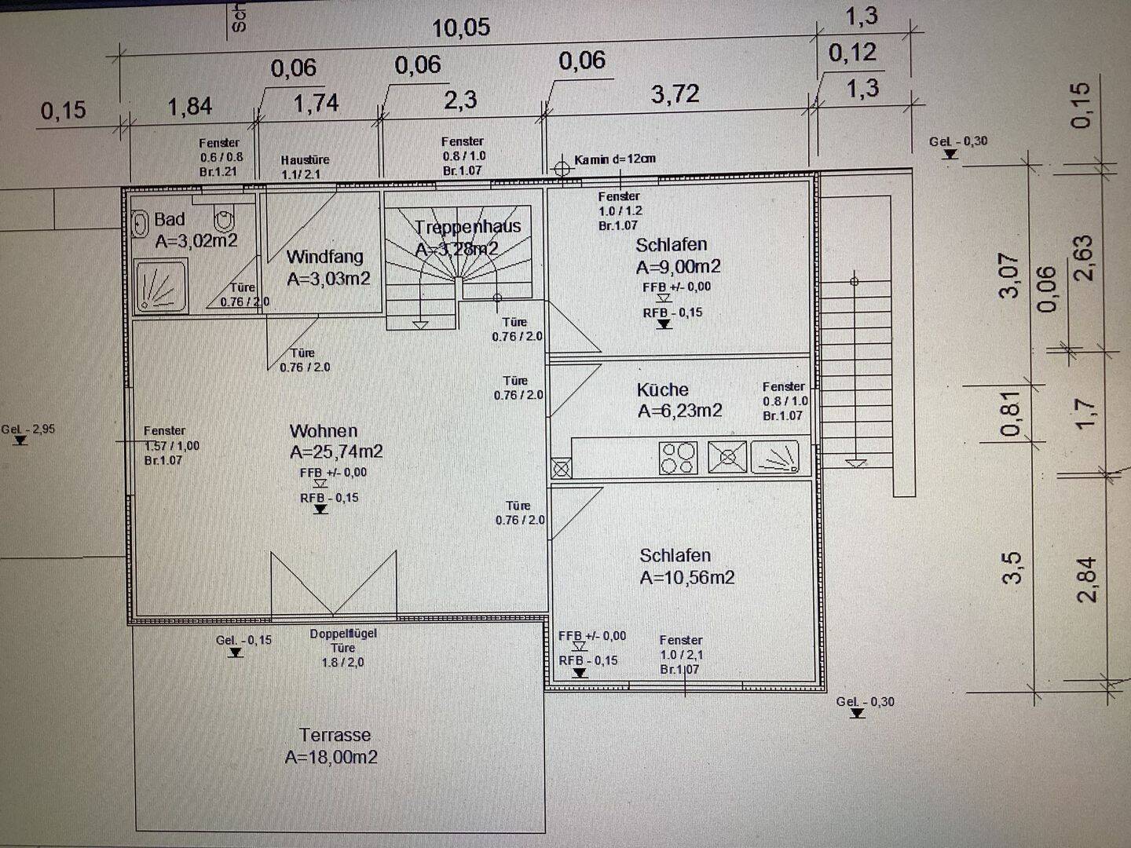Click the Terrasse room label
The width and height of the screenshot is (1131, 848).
click(335, 735)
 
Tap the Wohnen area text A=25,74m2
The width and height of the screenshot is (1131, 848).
click(336, 451)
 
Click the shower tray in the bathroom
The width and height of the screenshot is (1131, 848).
click(161, 286)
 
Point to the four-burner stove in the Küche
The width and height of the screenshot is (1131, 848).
click(677, 458)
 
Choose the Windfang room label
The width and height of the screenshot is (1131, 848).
click(324, 257)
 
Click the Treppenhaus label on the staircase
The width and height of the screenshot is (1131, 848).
click(467, 227)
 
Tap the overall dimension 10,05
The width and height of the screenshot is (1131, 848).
click(461, 28)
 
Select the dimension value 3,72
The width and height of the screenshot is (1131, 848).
click(675, 94)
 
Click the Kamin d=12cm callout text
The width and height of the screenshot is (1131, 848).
click(614, 159)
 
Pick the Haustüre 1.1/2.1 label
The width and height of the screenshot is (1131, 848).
click(305, 166)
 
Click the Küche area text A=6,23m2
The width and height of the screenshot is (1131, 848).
click(679, 411)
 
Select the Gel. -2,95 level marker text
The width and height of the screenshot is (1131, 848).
click(28, 429)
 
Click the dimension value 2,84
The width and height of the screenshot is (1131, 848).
click(1087, 579)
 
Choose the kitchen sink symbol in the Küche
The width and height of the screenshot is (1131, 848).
click(775, 457)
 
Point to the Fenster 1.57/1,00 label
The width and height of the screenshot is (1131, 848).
click(171, 445)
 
